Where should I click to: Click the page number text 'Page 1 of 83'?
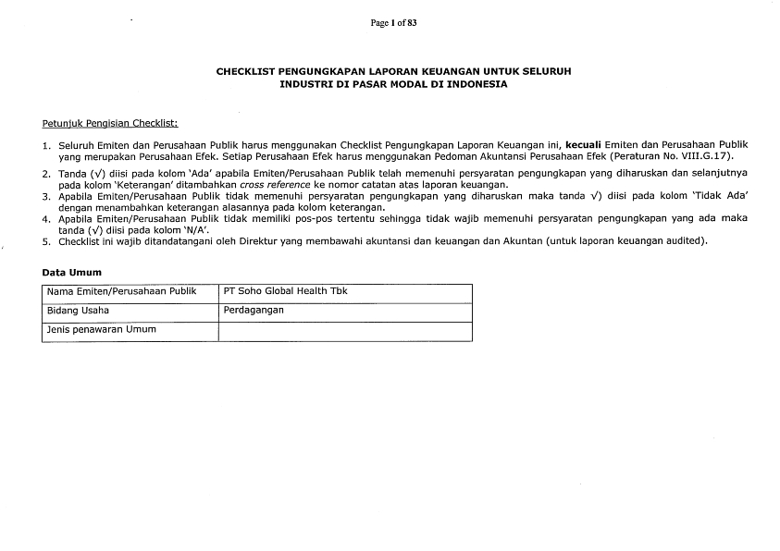393,23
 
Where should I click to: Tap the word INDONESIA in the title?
477,83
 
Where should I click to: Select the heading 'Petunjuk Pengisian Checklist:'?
110,123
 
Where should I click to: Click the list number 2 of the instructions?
46,173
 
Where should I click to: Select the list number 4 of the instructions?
46,219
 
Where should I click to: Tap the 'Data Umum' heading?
72,272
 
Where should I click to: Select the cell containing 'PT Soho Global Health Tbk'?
286,291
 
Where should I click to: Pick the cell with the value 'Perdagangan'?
254,311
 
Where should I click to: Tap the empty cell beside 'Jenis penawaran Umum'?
344,331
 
